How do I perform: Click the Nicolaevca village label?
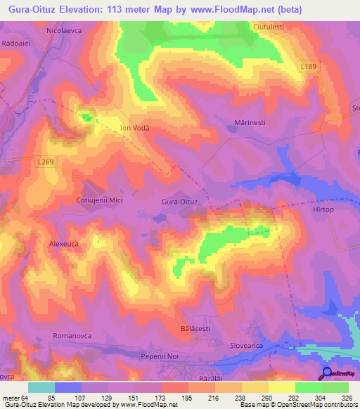pyautogui.click(x=65, y=32)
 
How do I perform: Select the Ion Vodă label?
pyautogui.click(x=136, y=128)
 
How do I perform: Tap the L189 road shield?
pyautogui.click(x=307, y=65)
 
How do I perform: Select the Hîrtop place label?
pyautogui.click(x=328, y=209)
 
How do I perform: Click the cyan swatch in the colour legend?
pyautogui.click(x=41, y=387)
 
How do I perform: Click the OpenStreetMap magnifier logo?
pyautogui.click(x=326, y=373)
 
